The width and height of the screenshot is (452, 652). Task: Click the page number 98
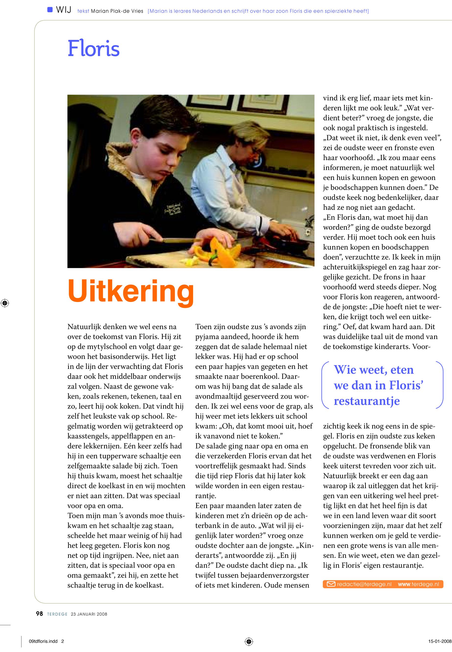[x=39, y=614]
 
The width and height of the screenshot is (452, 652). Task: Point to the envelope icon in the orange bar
[x=331, y=584]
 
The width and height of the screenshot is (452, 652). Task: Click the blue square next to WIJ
[x=50, y=10]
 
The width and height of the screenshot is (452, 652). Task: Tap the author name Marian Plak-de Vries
[x=117, y=11]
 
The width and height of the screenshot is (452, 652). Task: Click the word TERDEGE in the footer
[x=57, y=614]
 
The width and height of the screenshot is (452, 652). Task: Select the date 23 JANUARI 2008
[x=89, y=614]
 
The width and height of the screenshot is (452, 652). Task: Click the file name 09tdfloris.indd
[x=43, y=641]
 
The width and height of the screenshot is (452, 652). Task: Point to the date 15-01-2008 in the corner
[x=440, y=641]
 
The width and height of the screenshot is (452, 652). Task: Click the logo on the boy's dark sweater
[x=173, y=210]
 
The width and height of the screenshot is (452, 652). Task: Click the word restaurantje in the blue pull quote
[x=366, y=401]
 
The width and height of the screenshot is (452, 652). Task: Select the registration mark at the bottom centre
[x=248, y=641]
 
